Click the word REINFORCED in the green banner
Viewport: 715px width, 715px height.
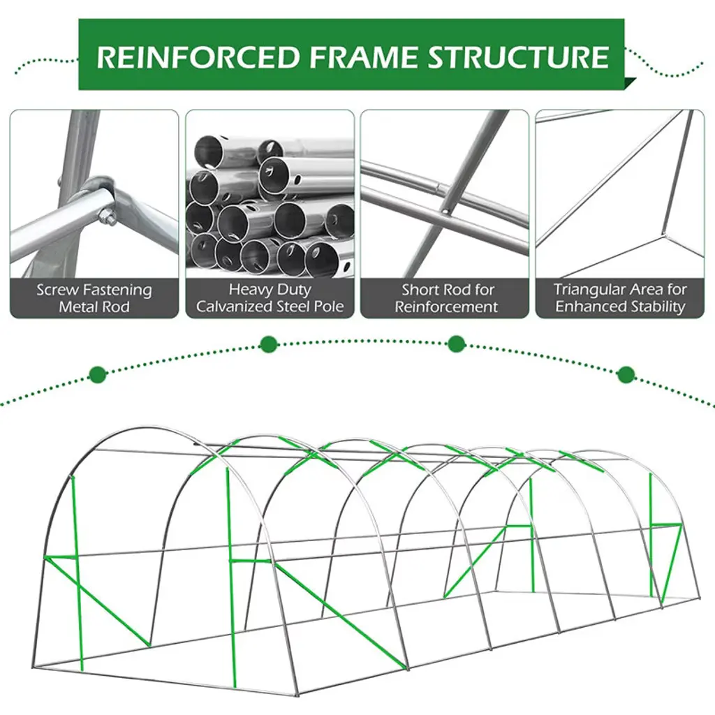pos(198,57)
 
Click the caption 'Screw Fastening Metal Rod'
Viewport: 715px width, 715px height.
pos(94,298)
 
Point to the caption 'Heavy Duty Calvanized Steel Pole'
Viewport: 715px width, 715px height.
pos(270,298)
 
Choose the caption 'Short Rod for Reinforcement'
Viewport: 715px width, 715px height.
pos(446,298)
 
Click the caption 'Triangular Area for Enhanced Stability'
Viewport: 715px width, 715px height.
pos(620,298)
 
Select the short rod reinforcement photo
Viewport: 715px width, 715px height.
pos(445,196)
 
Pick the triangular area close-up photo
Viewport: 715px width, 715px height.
pos(620,196)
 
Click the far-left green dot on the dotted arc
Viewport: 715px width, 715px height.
pos(98,375)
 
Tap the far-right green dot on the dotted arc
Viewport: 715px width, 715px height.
pos(626,374)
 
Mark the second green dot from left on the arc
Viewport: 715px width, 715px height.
pos(268,344)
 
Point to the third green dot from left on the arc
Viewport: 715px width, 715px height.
pos(456,344)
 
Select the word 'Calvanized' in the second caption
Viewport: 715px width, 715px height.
pos(235,307)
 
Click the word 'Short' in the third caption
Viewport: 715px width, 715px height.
pos(422,289)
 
